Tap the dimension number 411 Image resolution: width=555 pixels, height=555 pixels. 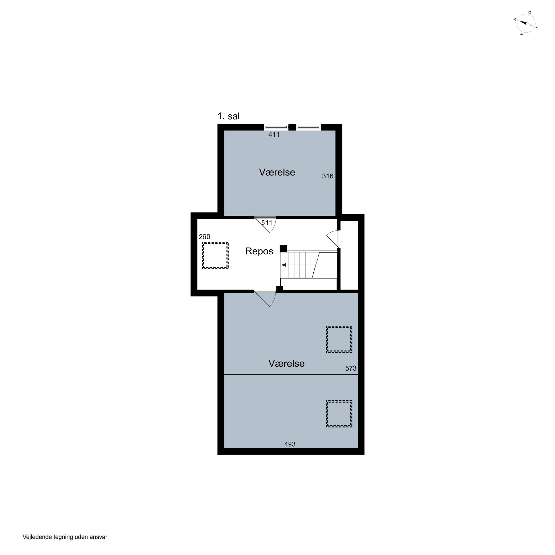point(274,134)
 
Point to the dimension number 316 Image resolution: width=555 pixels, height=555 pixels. point(327,176)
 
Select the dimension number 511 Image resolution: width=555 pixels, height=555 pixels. point(267,223)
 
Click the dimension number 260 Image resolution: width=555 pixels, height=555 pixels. point(205,237)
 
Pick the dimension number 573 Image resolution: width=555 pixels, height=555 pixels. point(351,368)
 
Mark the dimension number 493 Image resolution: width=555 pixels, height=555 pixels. point(290,444)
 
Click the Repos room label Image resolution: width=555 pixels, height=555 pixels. point(259,251)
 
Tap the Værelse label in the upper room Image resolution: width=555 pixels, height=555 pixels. point(277,172)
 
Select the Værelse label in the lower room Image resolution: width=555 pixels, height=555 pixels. point(286,364)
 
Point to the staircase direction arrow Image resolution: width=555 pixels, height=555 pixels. point(284,265)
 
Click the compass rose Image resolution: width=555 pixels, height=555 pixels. point(526,23)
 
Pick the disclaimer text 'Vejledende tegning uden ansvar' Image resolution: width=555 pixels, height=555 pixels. point(65,537)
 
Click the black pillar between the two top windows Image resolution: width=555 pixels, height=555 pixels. point(292,127)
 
